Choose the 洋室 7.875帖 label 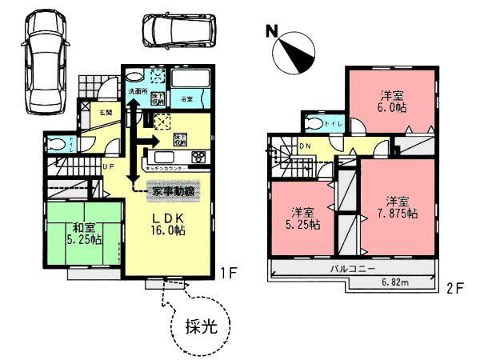[x=396, y=207]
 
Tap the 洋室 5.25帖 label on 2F [x=303, y=218]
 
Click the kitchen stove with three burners [x=197, y=158]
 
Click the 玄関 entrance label [x=105, y=114]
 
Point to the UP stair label [x=106, y=166]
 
